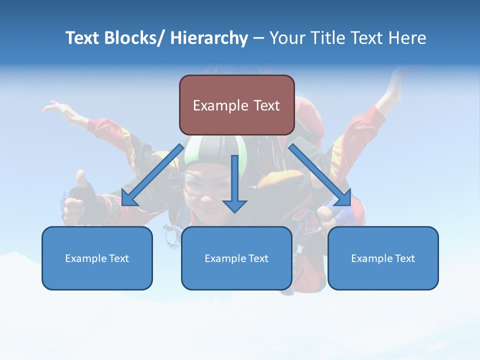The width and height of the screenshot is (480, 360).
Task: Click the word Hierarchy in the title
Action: [209, 38]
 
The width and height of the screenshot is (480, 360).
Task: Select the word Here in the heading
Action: [407, 38]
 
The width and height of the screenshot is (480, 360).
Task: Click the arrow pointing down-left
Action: [152, 175]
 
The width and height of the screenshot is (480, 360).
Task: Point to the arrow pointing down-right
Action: [320, 175]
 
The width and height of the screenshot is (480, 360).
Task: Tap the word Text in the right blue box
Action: [404, 258]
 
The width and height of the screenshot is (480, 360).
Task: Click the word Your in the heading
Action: [286, 38]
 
